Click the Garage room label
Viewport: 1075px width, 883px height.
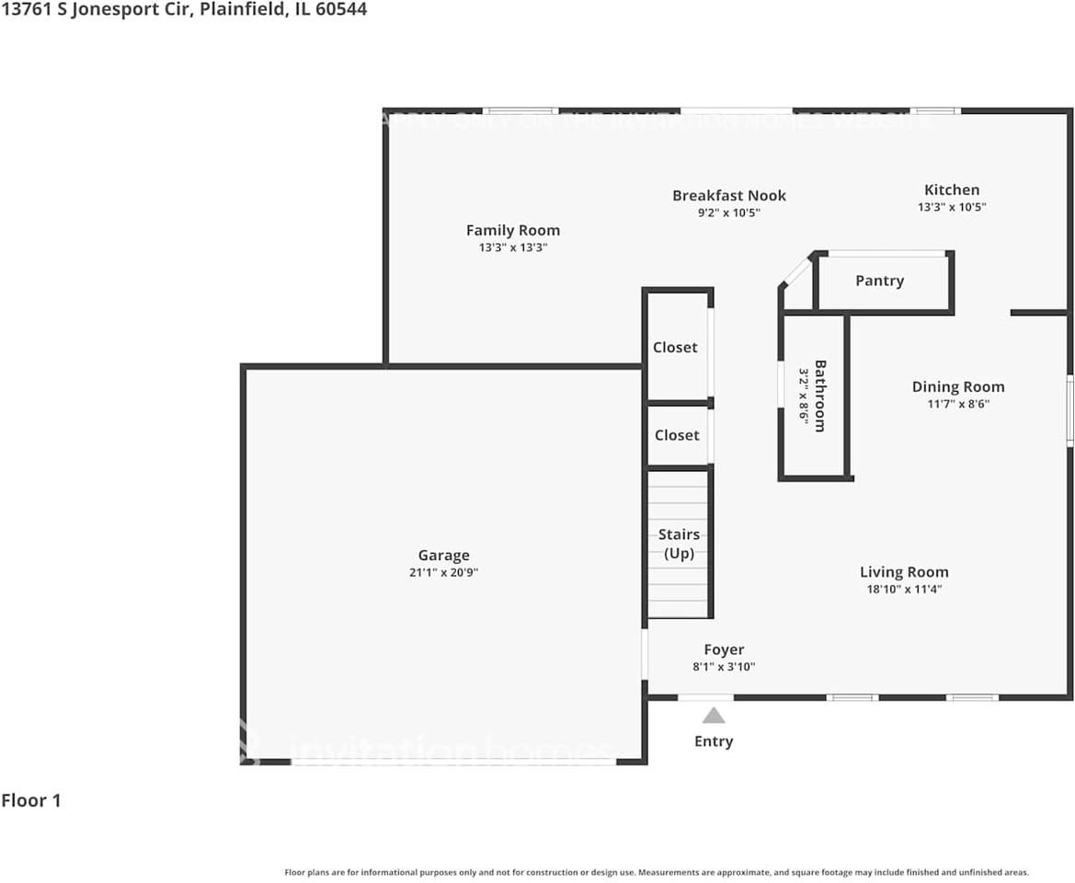[443, 556]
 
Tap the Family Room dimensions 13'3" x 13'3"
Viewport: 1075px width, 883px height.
[512, 247]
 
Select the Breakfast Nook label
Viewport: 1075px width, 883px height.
[728, 195]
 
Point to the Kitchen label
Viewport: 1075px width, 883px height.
[952, 190]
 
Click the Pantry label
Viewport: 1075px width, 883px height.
[879, 281]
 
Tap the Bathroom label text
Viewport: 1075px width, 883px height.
[819, 396]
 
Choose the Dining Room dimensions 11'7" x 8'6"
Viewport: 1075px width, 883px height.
[957, 403]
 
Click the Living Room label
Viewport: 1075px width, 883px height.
[903, 572]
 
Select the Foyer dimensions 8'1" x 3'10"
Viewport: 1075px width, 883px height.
[724, 667]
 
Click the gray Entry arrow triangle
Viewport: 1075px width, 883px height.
[714, 716]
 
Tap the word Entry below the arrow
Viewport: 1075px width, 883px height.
[714, 741]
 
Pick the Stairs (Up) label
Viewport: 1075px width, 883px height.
[679, 544]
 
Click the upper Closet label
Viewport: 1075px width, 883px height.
[675, 347]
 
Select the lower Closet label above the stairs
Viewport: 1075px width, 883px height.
[677, 435]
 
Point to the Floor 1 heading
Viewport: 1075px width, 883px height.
[31, 800]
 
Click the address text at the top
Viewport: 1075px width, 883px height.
[184, 10]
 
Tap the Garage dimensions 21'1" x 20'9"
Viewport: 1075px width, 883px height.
[443, 572]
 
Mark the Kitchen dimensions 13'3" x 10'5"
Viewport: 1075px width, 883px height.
[952, 207]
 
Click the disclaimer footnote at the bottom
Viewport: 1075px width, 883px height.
[657, 872]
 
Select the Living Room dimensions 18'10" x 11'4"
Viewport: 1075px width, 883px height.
[903, 589]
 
